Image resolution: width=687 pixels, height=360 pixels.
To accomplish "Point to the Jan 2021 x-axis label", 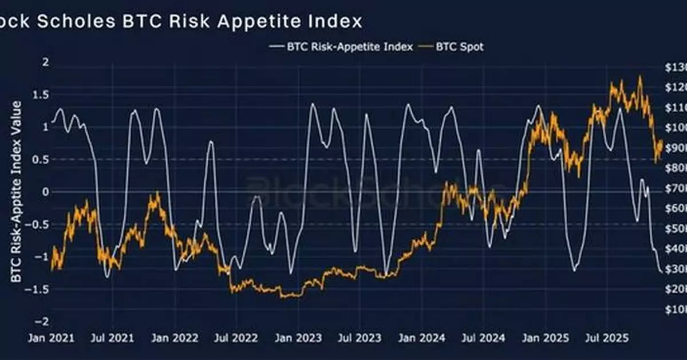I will pyautogui.click(x=50, y=338).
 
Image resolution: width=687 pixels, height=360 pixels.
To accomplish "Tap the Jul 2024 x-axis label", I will pyautogui.click(x=484, y=338).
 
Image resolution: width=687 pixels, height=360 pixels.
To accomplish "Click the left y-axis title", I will pyautogui.click(x=17, y=192).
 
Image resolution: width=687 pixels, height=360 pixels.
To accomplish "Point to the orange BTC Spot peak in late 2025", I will pyautogui.click(x=639, y=77).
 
